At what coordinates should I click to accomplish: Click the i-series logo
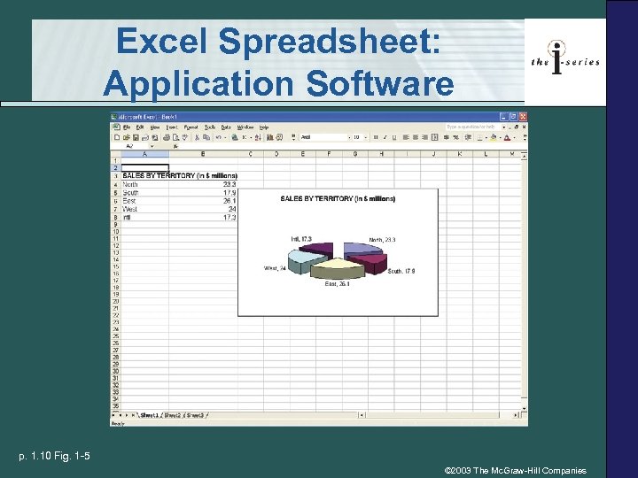(564, 60)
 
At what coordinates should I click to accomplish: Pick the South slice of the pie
(363, 263)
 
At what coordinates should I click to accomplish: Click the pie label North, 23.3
(382, 240)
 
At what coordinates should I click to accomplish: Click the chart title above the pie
(338, 199)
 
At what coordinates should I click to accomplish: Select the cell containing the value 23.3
(229, 184)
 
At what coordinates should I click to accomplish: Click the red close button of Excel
(522, 117)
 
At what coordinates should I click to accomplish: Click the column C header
(251, 154)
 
